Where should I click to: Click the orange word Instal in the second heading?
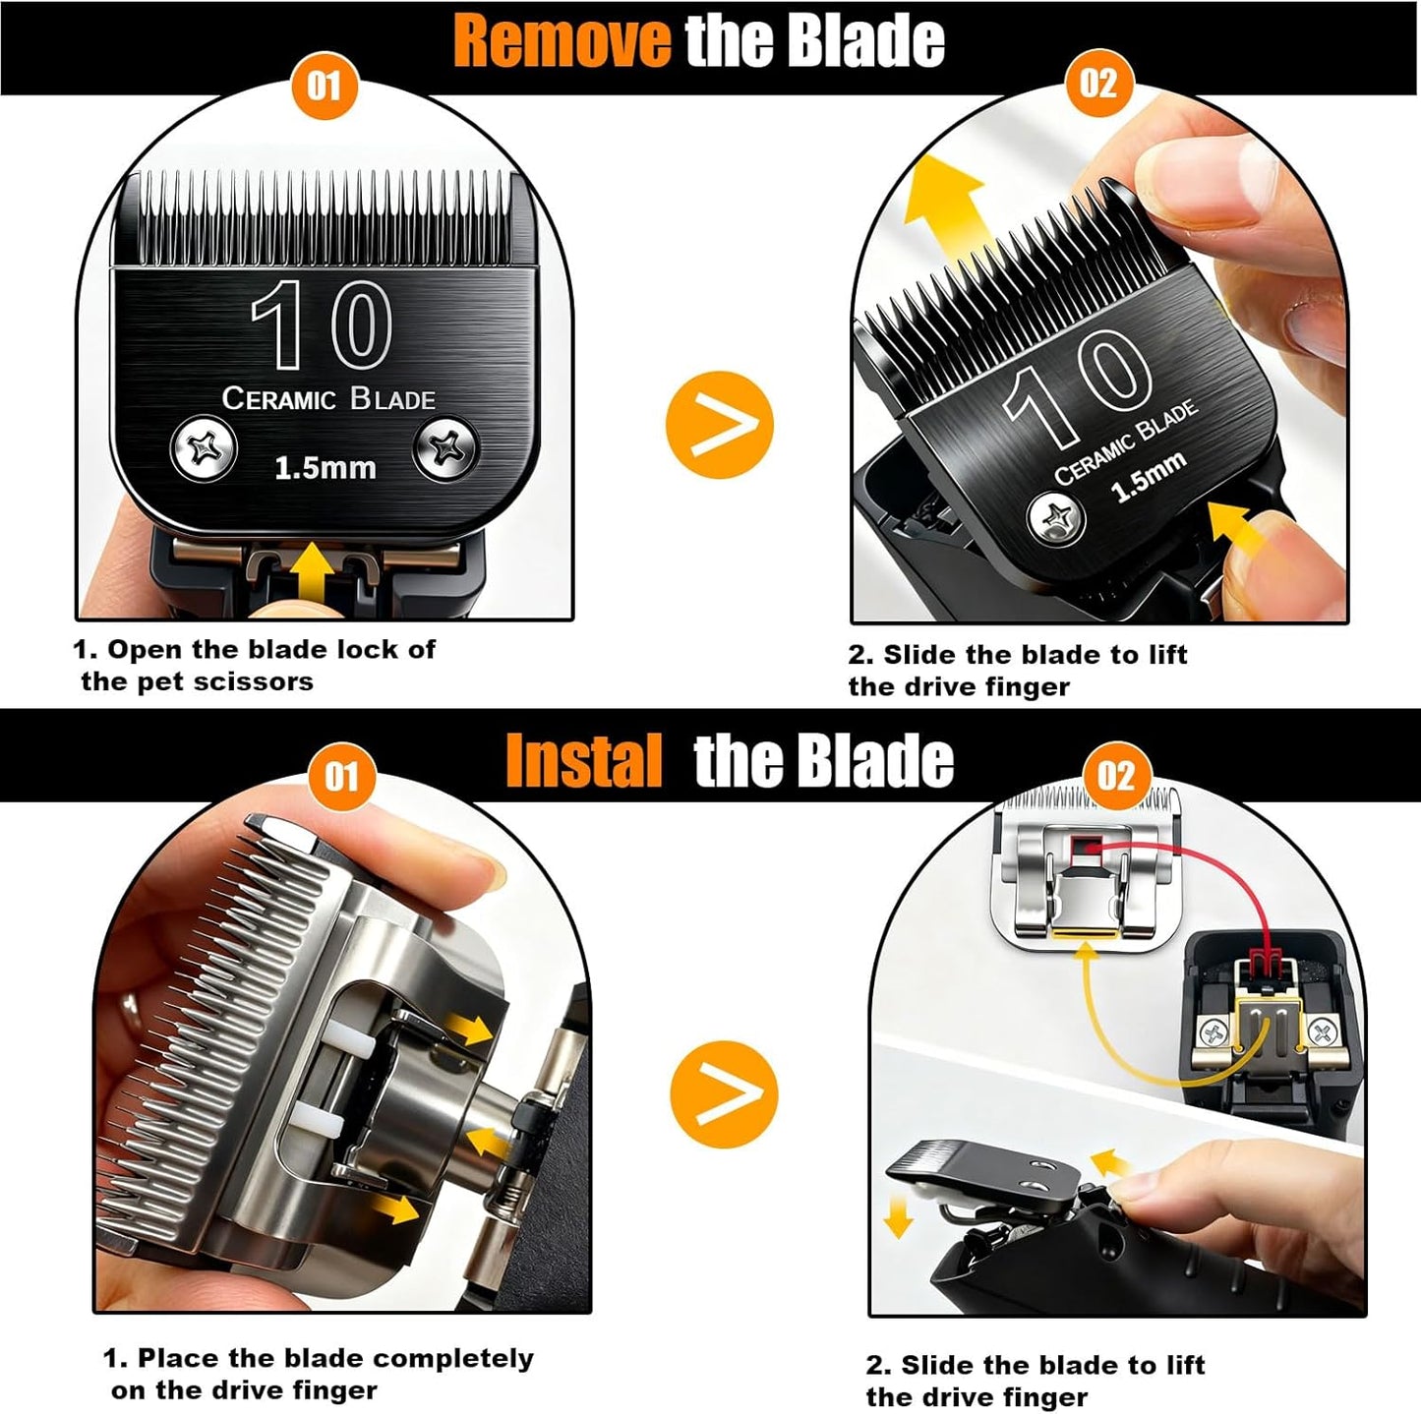pyautogui.click(x=583, y=761)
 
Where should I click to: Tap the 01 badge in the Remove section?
pyautogui.click(x=325, y=85)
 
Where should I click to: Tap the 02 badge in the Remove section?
pyautogui.click(x=1098, y=83)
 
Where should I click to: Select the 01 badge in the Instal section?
pyautogui.click(x=341, y=777)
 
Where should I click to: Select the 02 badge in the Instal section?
pyautogui.click(x=1115, y=776)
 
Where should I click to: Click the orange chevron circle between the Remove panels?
pyautogui.click(x=719, y=425)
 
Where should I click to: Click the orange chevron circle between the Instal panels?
pyautogui.click(x=723, y=1093)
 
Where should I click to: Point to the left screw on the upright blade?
pyautogui.click(x=205, y=449)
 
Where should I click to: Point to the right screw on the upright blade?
pyautogui.click(x=447, y=449)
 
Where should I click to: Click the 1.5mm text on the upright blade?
pyautogui.click(x=325, y=468)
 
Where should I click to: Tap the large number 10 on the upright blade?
pyautogui.click(x=322, y=324)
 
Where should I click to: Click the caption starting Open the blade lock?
pyautogui.click(x=256, y=665)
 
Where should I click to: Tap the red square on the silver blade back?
pyautogui.click(x=1085, y=844)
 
